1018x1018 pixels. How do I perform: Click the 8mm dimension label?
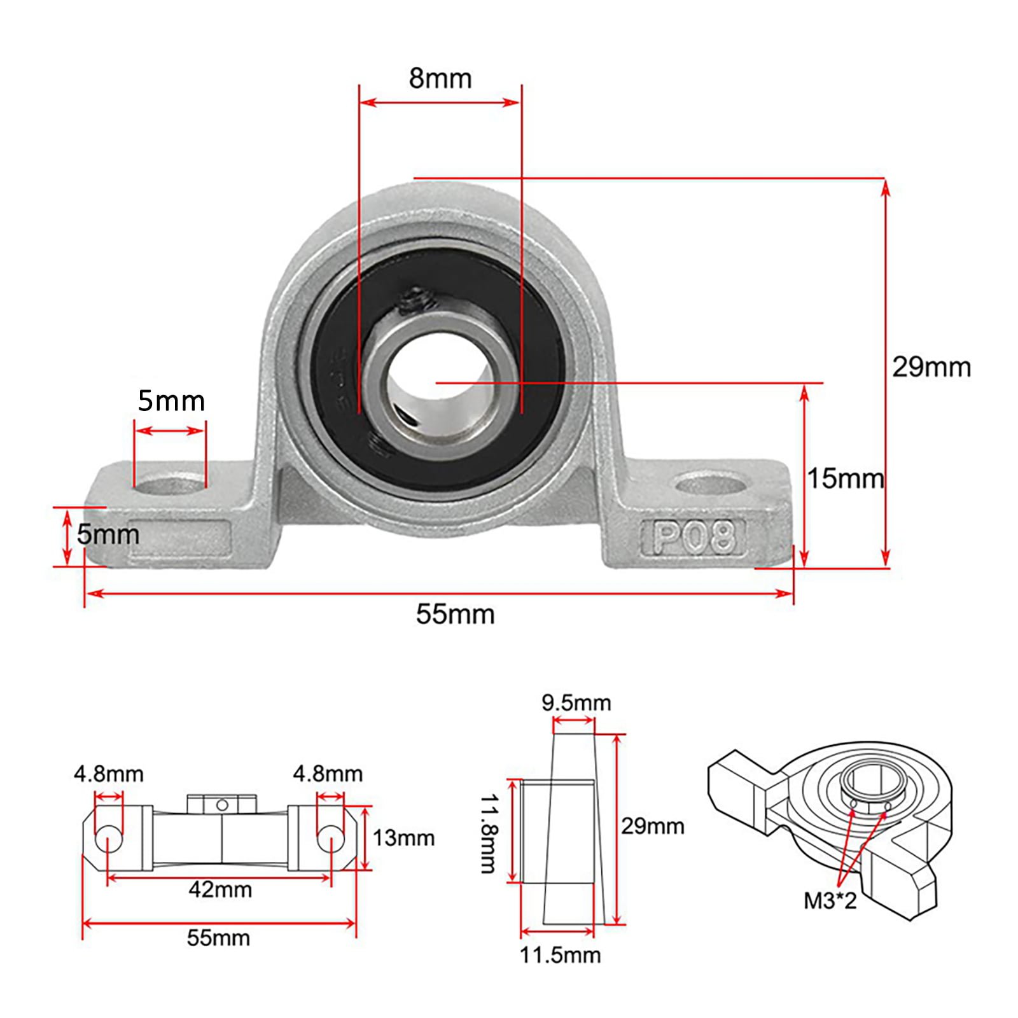click(x=440, y=78)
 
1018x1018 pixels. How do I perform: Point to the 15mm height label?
click(x=845, y=478)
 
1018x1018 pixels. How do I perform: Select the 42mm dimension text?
click(x=220, y=889)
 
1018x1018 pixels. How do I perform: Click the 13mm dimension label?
click(x=403, y=838)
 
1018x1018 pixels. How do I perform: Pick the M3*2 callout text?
click(x=830, y=900)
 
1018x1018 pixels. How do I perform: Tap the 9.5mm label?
click(x=576, y=702)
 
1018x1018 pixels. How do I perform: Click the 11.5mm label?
click(x=560, y=954)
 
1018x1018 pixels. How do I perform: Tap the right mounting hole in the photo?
click(x=710, y=485)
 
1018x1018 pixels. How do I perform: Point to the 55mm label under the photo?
click(x=455, y=614)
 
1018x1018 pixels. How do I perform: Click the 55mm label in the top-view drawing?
click(x=218, y=938)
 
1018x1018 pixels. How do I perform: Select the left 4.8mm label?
click(x=109, y=774)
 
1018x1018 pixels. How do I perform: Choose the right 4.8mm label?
click(x=328, y=774)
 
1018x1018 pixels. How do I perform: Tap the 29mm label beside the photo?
click(x=931, y=367)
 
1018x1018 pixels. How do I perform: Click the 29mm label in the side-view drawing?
click(x=653, y=826)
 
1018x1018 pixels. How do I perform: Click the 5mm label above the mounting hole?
click(x=171, y=401)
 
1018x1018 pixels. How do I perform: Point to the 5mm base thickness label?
click(x=108, y=534)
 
